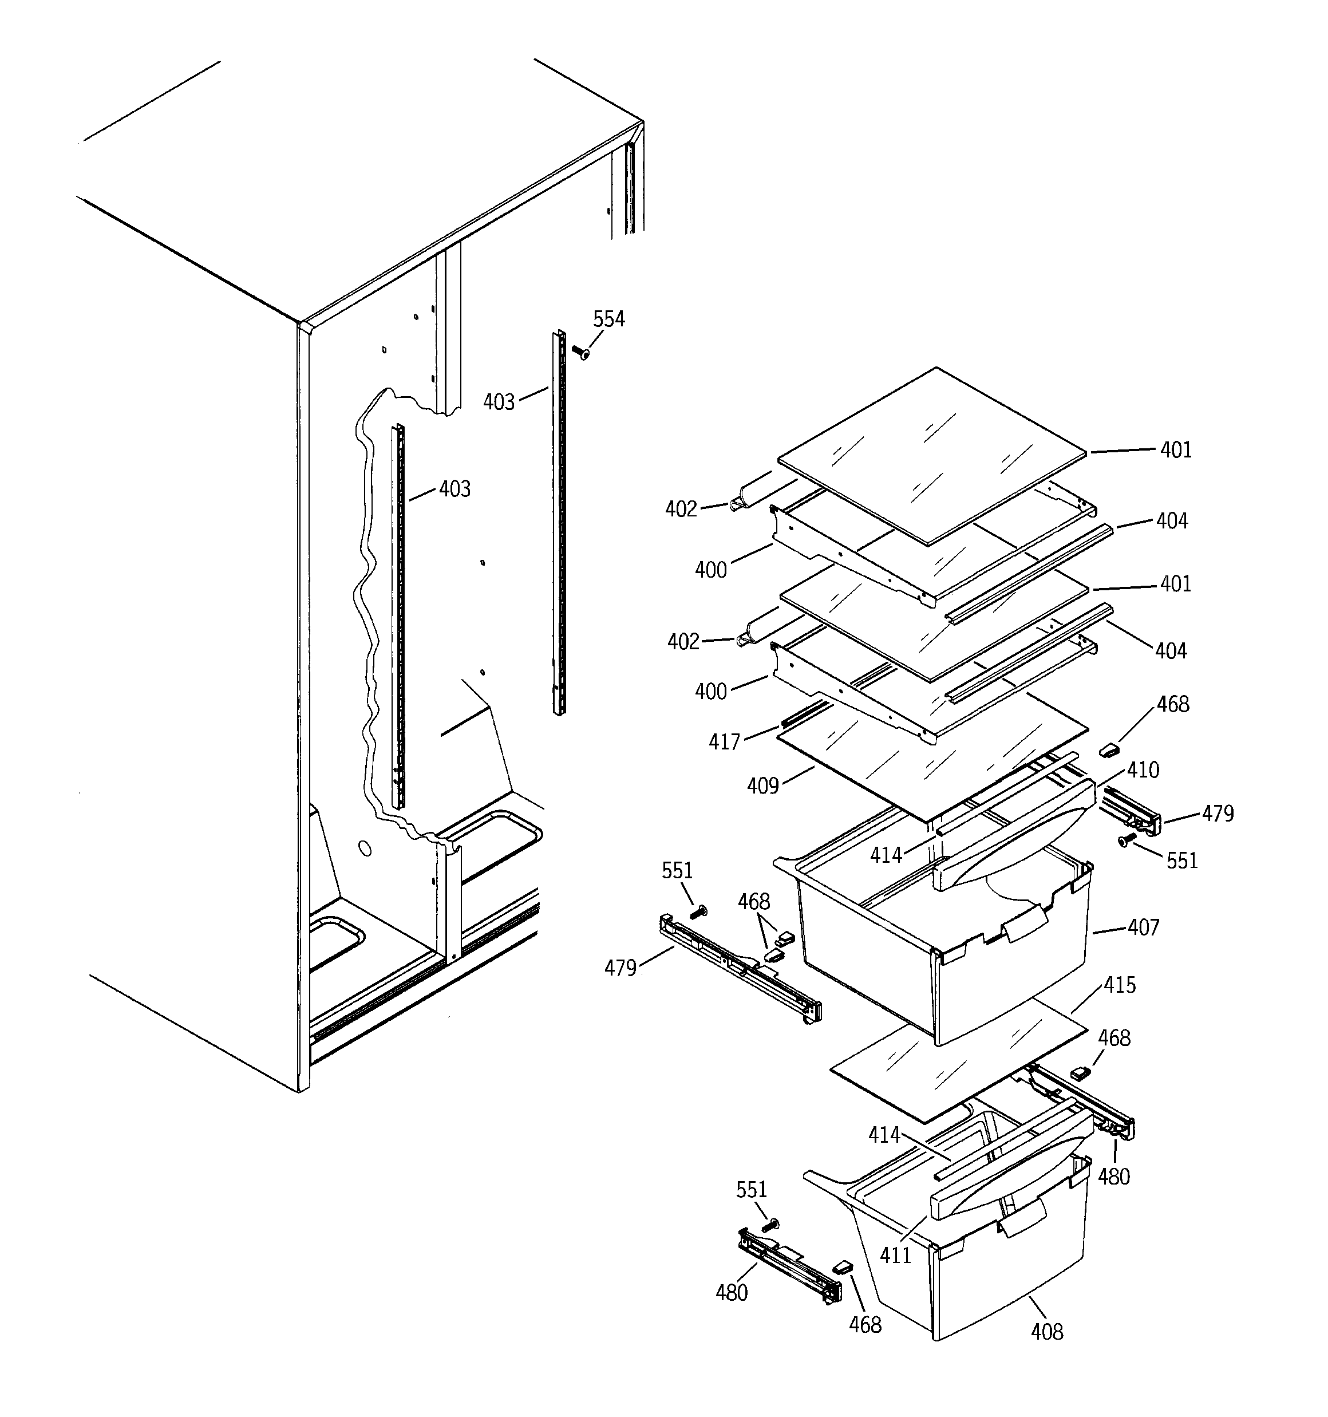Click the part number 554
(608, 319)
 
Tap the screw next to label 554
(582, 352)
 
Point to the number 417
(724, 742)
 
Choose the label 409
(762, 786)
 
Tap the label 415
(1120, 985)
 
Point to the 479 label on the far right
(1218, 814)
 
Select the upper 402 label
(681, 509)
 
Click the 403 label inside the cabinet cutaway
(455, 489)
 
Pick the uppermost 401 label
(1176, 450)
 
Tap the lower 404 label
(1171, 651)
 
